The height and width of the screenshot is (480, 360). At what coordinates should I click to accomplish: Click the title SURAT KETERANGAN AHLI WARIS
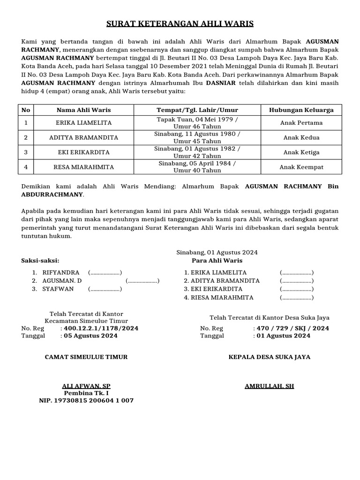[x=180, y=24]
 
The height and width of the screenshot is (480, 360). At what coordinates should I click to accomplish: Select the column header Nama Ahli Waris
[x=84, y=110]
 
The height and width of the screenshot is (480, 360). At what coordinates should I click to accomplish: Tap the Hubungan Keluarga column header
[x=301, y=110]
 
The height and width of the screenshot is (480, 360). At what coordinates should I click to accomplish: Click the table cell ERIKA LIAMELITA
[x=84, y=123]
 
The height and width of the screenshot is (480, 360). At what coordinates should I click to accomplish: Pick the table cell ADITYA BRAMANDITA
[x=84, y=138]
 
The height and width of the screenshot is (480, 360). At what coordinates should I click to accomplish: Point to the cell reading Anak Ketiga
[x=301, y=152]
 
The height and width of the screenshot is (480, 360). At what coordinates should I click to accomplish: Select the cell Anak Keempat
[x=301, y=167]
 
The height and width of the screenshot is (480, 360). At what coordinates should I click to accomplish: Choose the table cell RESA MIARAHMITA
[x=84, y=167]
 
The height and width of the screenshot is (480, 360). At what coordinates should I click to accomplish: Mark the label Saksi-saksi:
[x=40, y=261]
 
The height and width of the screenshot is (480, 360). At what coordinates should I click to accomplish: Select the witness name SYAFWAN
[x=58, y=289]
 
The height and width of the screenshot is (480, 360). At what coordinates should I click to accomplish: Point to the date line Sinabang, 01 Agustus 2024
[x=217, y=252]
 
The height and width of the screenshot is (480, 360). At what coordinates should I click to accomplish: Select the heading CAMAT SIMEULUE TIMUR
[x=86, y=357]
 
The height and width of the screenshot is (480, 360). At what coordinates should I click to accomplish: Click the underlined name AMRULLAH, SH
[x=269, y=386]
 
